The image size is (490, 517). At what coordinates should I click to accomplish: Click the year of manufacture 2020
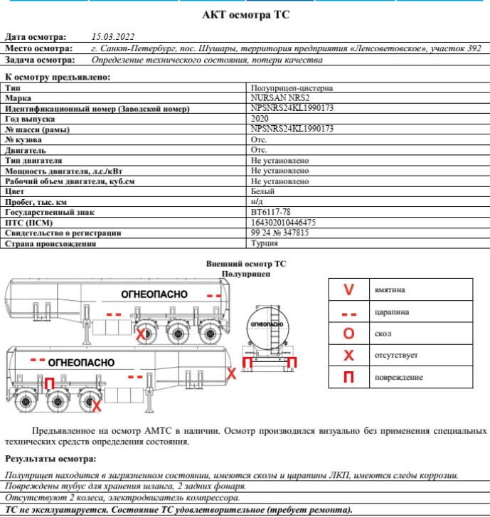[260, 119]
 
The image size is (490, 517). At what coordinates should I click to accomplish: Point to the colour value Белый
[262, 192]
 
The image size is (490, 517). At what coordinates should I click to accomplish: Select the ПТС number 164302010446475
[283, 223]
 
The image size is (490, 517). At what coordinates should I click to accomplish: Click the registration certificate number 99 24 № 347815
[279, 233]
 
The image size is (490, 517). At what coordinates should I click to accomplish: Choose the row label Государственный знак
[49, 213]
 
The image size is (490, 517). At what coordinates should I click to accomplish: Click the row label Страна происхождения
[50, 243]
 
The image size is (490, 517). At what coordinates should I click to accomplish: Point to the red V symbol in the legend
[348, 290]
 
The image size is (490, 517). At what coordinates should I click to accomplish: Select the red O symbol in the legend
[348, 334]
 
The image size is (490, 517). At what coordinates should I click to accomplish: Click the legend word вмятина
[390, 290]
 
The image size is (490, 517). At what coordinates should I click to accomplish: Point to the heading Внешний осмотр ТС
[245, 263]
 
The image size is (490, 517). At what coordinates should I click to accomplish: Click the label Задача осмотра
[40, 60]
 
